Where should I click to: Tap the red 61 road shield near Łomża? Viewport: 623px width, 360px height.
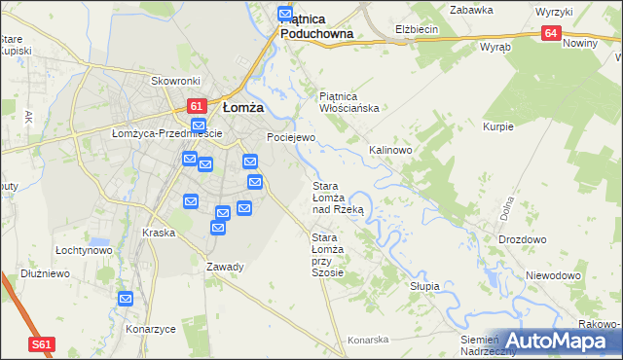(195, 106)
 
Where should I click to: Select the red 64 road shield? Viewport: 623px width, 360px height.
(552, 34)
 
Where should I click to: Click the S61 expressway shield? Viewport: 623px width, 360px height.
(40, 344)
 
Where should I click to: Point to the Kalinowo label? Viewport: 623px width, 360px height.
(390, 151)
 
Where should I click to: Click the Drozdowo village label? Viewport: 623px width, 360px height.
(522, 239)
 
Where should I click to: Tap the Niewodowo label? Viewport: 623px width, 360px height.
(553, 275)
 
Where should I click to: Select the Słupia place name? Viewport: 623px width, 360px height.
(424, 287)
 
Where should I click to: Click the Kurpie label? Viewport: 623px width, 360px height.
(498, 126)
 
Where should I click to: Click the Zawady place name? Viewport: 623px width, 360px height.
(225, 267)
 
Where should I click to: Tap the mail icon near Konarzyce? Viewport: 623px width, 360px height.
(126, 299)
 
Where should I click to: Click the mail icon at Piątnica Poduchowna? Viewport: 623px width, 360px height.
(285, 14)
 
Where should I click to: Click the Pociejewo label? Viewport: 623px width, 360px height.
(291, 138)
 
